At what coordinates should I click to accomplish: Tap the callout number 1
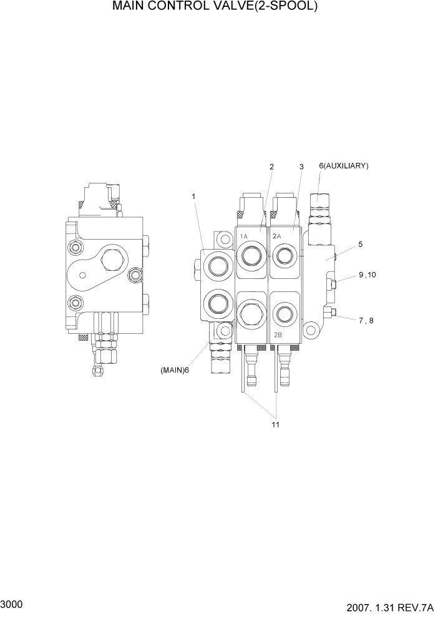(x=194, y=197)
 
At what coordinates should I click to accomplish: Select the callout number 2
(x=271, y=167)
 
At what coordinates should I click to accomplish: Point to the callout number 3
(x=301, y=167)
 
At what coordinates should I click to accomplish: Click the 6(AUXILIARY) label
(x=343, y=165)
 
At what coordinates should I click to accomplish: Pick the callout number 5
(x=360, y=244)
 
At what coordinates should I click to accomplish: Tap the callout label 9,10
(x=367, y=275)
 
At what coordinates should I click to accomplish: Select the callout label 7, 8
(x=366, y=320)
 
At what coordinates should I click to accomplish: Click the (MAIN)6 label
(x=175, y=370)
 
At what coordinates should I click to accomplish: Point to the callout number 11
(x=275, y=425)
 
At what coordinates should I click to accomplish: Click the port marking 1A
(x=244, y=236)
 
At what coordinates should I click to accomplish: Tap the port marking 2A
(x=277, y=236)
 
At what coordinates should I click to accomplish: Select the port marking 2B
(x=278, y=335)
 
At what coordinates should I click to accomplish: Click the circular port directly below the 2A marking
(x=284, y=254)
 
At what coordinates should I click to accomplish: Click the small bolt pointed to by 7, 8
(x=329, y=312)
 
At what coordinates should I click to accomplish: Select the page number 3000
(x=12, y=604)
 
